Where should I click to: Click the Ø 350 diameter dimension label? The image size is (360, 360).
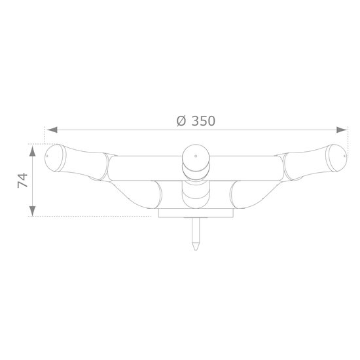pos(196,121)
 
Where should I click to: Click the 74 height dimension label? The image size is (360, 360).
pos(22,181)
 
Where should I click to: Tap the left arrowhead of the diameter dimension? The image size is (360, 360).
pos(52,130)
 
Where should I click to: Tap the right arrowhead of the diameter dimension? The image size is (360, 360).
pos(342,130)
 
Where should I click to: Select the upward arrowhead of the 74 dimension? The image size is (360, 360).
pos(33,151)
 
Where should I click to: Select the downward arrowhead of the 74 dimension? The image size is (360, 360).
pos(33,211)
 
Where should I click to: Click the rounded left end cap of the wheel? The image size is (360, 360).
pos(54,158)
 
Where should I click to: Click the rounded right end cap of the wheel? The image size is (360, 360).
pos(338,158)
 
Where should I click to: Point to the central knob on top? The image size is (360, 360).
pos(196,158)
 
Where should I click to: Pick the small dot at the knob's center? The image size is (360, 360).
pos(196,156)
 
